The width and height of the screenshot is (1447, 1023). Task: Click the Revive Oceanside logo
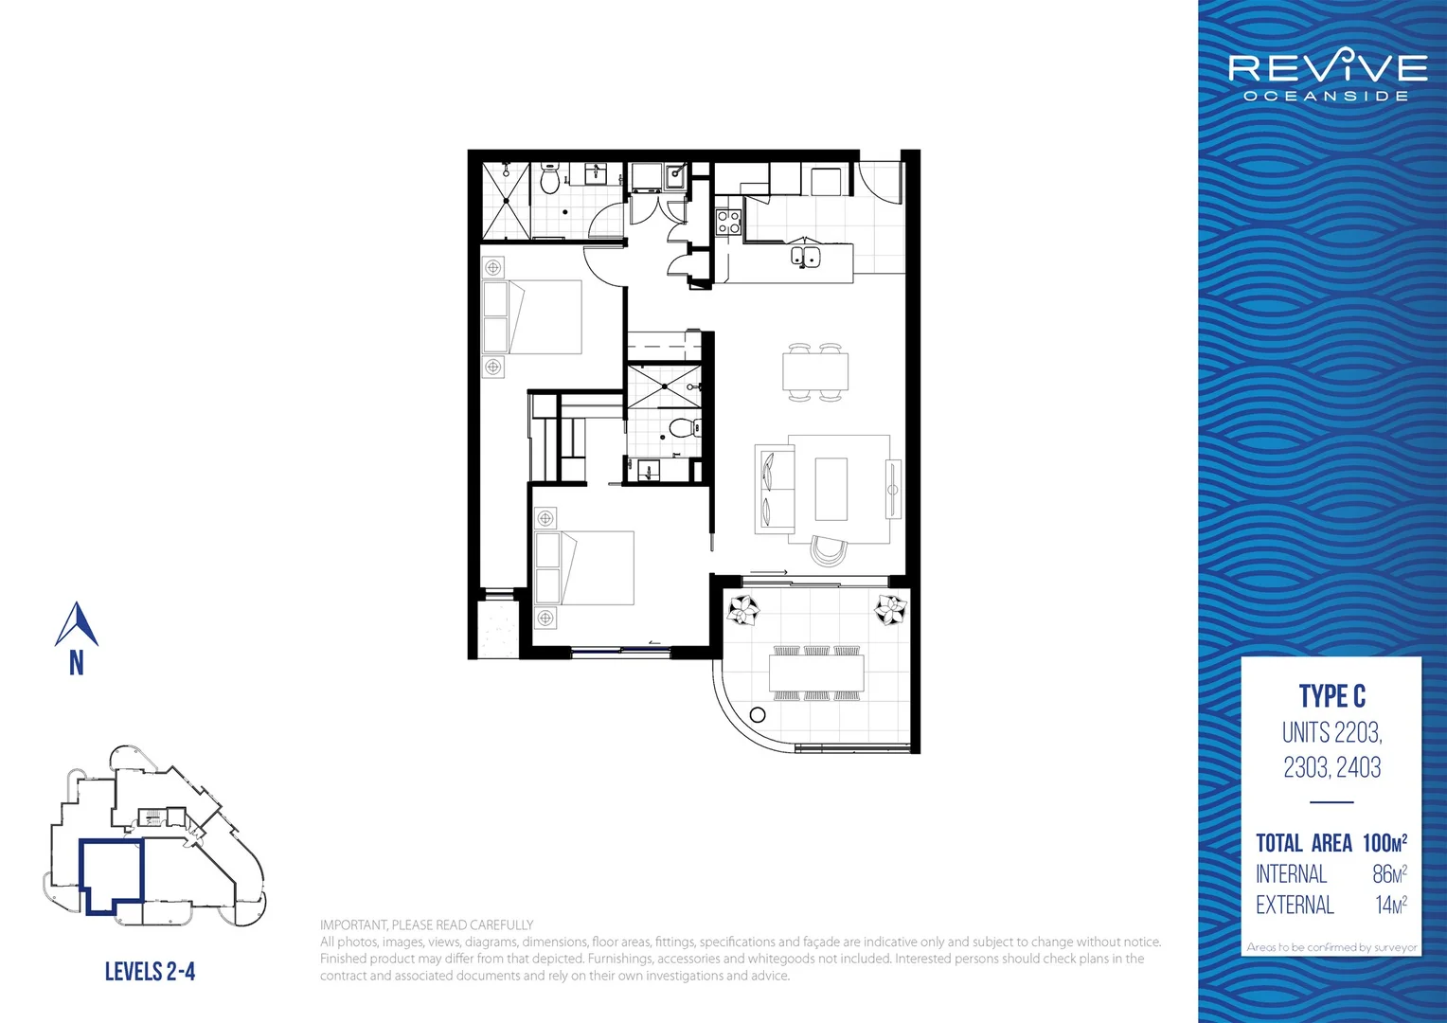click(1327, 76)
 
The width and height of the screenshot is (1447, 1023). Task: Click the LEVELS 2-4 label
click(150, 971)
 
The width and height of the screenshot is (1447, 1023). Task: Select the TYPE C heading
click(1331, 696)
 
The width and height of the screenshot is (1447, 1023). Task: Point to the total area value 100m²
click(1384, 843)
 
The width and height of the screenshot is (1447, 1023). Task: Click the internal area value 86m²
click(1389, 874)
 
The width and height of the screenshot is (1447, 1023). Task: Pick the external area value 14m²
click(1390, 906)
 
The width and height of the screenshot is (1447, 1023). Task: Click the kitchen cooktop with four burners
click(728, 223)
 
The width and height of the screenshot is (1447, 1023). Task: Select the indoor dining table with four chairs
click(815, 371)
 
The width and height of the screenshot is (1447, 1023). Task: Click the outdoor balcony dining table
click(816, 673)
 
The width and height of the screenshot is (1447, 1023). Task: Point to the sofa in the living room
click(774, 489)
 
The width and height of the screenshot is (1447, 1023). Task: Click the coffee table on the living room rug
click(831, 489)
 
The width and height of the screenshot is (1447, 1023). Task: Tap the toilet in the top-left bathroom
click(550, 179)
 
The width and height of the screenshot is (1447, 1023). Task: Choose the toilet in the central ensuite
click(682, 428)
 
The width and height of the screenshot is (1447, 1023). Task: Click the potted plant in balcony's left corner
click(743, 610)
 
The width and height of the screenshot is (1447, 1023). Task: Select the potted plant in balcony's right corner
click(890, 609)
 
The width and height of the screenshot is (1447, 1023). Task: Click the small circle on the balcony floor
click(758, 715)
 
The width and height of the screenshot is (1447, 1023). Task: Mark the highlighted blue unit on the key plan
click(110, 875)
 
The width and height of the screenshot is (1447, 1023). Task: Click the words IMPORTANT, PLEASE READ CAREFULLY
click(426, 925)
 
